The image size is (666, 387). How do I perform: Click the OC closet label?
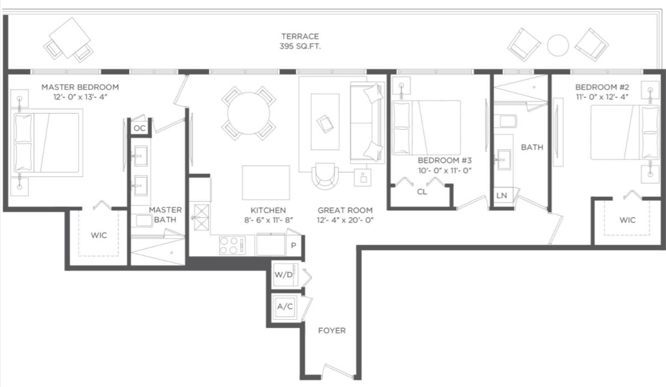pyautogui.click(x=140, y=128)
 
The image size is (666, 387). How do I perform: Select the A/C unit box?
pyautogui.click(x=285, y=307)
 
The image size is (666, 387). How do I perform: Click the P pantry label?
pyautogui.click(x=293, y=245)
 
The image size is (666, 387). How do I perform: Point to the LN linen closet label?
pyautogui.click(x=501, y=196)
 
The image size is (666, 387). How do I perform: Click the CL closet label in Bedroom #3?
pyautogui.click(x=422, y=192)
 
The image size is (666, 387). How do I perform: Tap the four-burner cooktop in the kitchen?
pyautogui.click(x=232, y=245)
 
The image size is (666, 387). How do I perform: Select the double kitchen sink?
pyautogui.click(x=201, y=218)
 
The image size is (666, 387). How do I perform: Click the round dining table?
pyautogui.click(x=249, y=113)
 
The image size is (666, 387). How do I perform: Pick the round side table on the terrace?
pyautogui.click(x=558, y=45)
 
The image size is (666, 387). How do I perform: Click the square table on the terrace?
pyautogui.click(x=70, y=37)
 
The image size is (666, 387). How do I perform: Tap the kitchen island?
pyautogui.click(x=266, y=182)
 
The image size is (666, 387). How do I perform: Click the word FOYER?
pyautogui.click(x=332, y=331)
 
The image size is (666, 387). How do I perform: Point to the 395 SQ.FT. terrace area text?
pyautogui.click(x=300, y=46)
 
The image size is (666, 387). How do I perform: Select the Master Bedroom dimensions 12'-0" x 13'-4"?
pyautogui.click(x=80, y=97)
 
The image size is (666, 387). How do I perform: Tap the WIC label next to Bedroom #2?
pyautogui.click(x=628, y=220)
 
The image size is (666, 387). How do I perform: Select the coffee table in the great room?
pyautogui.click(x=325, y=122)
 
